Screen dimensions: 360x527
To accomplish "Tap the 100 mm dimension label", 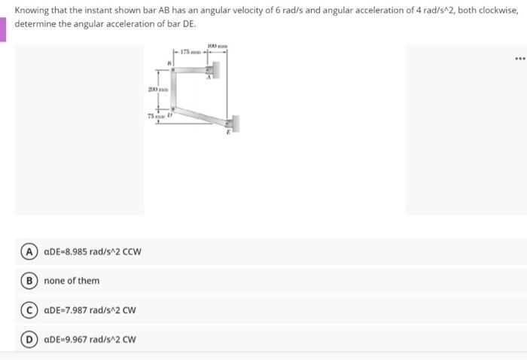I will [x=217, y=45].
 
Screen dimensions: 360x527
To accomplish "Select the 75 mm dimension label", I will [x=156, y=115].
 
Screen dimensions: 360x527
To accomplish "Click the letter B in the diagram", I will [x=169, y=64].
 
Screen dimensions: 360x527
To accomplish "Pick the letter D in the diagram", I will [x=170, y=114].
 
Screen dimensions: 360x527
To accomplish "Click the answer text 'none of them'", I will [x=72, y=281].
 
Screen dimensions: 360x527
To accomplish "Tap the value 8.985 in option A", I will [x=76, y=252].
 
